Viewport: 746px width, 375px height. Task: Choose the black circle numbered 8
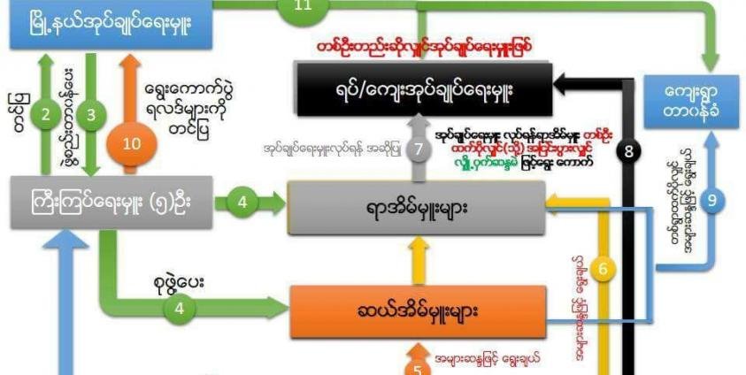[x=630, y=152]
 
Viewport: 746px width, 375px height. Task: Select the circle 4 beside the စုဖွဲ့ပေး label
[x=180, y=309]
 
